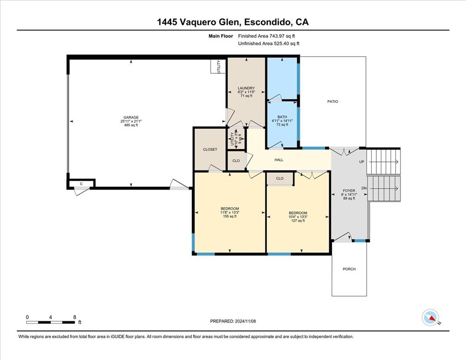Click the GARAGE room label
[131, 118]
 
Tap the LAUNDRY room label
[246, 88]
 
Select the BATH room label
[282, 117]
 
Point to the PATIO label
[332, 101]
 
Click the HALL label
[279, 160]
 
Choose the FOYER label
[349, 190]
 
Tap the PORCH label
[349, 269]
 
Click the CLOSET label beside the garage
[210, 149]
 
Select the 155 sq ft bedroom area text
[229, 217]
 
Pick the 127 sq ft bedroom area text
[298, 221]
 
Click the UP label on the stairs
[362, 162]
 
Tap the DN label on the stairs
[364, 188]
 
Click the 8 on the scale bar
[75, 317]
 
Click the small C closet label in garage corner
[81, 184]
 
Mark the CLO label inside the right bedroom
[280, 179]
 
